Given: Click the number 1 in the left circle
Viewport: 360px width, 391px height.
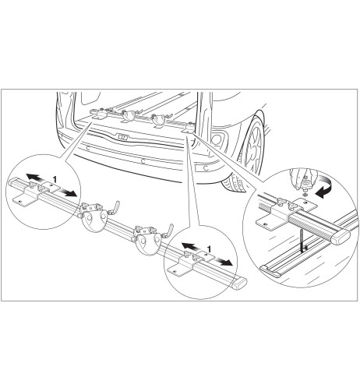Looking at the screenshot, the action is tap(55, 179).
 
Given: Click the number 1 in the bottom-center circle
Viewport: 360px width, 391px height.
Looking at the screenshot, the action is tap(209, 249).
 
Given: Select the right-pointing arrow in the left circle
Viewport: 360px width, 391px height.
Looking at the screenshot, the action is tap(68, 192).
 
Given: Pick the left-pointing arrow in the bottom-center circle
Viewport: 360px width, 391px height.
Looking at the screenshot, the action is tap(190, 247).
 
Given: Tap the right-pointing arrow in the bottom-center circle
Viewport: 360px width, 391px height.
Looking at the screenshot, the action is tap(223, 262).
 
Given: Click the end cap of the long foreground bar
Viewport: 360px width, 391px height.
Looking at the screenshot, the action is tap(239, 284).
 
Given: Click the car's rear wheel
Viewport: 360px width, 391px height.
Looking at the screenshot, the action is tap(252, 146).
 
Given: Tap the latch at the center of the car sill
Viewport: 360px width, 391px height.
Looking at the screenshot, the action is tap(122, 136).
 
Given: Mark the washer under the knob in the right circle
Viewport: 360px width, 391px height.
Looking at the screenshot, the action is tap(305, 195).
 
